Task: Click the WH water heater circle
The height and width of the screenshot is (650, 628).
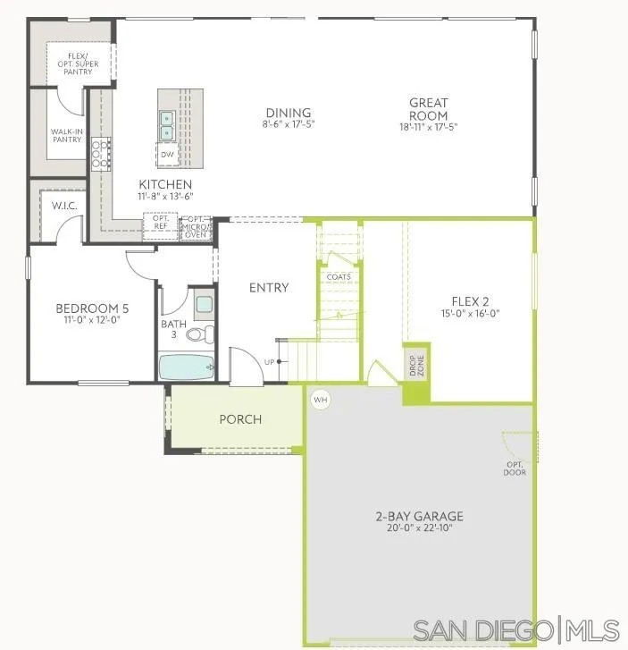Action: point(321,400)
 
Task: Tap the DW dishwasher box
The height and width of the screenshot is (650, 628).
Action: point(167,154)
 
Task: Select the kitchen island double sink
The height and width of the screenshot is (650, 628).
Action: point(167,125)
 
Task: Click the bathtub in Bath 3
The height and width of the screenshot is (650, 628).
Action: point(187,367)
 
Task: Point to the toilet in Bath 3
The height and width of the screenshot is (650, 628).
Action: point(205,334)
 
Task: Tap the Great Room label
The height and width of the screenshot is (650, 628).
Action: point(429,109)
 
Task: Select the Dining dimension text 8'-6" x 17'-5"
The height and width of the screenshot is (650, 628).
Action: point(289,124)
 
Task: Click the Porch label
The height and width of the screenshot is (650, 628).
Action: point(240,419)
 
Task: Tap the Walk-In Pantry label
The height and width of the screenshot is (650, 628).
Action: point(66,135)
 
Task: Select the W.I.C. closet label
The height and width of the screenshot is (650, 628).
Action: point(63,206)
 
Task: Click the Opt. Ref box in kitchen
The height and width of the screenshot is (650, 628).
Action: point(161,222)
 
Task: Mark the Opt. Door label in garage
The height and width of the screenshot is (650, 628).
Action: point(515,468)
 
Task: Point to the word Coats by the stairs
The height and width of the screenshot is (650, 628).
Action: point(339,277)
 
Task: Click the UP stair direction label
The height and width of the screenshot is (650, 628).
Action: point(269,362)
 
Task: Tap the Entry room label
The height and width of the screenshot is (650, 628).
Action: point(269,287)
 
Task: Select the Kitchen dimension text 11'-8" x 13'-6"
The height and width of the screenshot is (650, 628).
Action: point(165,196)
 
